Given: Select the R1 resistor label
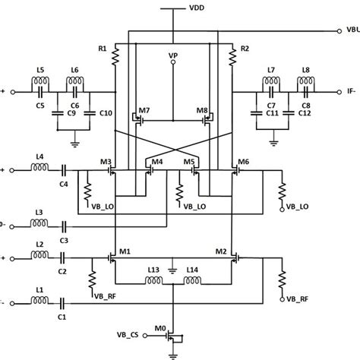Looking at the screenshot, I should click(102, 49).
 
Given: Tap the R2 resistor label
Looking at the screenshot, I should click(244, 49).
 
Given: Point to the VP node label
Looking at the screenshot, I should click(174, 56).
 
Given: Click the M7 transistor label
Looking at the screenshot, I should click(144, 111).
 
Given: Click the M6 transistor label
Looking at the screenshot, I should click(242, 163).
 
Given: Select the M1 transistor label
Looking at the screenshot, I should click(124, 251).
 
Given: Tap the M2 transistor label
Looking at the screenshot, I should click(221, 251).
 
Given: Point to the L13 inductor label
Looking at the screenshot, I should click(153, 270).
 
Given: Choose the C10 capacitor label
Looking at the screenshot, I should click(105, 113).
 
